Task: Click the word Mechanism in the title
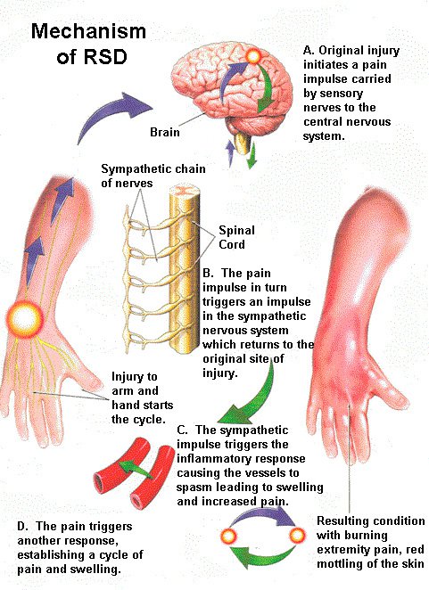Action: coord(88,31)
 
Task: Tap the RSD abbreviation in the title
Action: coord(105,56)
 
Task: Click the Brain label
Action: coord(165,132)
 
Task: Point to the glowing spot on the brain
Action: coord(254,57)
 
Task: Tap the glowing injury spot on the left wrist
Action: coord(25,319)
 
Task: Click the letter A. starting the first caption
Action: coord(309,51)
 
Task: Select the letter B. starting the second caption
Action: coord(208,273)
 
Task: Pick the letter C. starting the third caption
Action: coord(182,430)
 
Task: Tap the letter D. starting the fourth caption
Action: coord(22,526)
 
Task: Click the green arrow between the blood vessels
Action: coord(136,470)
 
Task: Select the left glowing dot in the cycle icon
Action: coord(228,536)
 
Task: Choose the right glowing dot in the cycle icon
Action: coord(297,535)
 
